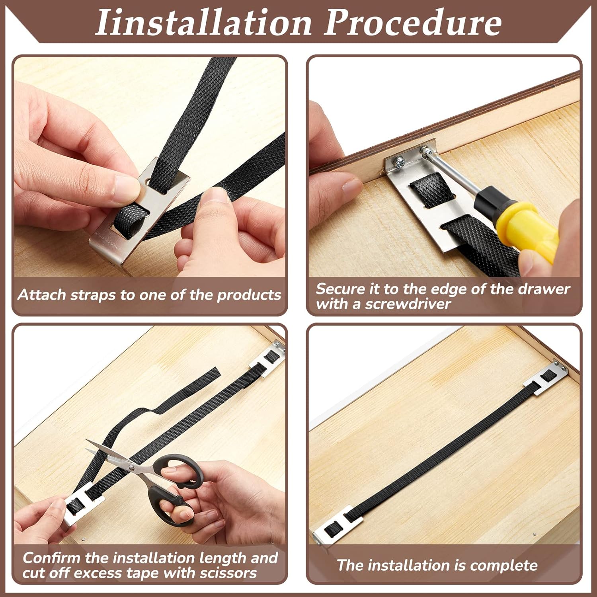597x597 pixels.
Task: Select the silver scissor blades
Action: pos(115,458)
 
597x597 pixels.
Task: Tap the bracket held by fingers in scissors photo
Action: pos(80,507)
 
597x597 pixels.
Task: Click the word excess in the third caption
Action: pos(99,573)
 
